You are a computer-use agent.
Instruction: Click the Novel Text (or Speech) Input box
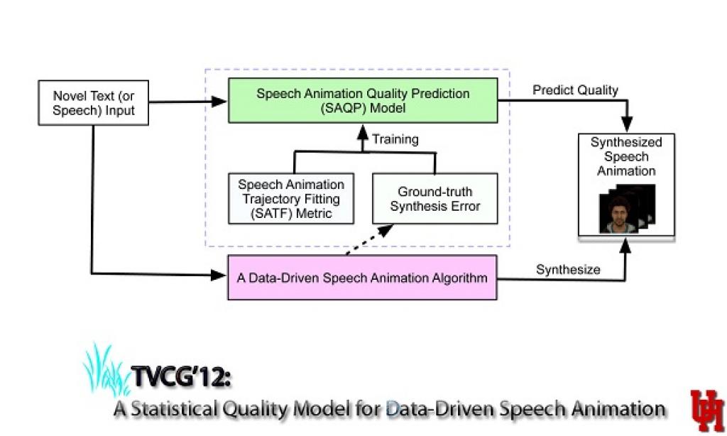(93, 102)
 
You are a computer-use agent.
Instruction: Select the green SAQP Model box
(362, 101)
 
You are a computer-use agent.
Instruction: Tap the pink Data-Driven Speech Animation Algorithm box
(362, 278)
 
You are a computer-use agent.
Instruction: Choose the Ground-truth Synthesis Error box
(434, 199)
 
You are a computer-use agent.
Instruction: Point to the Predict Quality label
(575, 90)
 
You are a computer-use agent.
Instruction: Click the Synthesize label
(568, 269)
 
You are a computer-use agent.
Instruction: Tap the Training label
(395, 139)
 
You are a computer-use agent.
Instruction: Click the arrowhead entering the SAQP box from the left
(221, 102)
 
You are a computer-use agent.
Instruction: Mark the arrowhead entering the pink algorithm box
(221, 274)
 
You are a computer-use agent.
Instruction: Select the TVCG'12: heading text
(180, 377)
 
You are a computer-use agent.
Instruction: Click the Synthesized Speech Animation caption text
(626, 157)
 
